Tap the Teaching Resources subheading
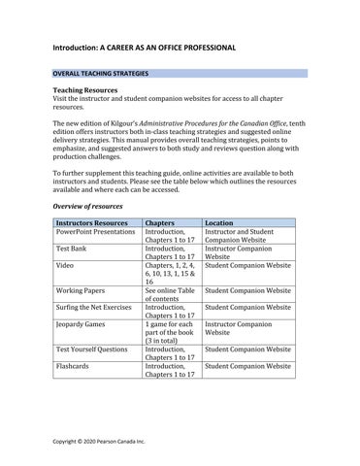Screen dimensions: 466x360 coord(85,90)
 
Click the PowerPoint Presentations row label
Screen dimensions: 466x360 coord(95,233)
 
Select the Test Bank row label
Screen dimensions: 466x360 coord(73,250)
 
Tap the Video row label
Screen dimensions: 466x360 coord(65,265)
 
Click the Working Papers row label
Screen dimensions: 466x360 coord(81,289)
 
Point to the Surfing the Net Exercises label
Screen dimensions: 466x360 coord(95,306)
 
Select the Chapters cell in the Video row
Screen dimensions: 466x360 coord(170,273)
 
